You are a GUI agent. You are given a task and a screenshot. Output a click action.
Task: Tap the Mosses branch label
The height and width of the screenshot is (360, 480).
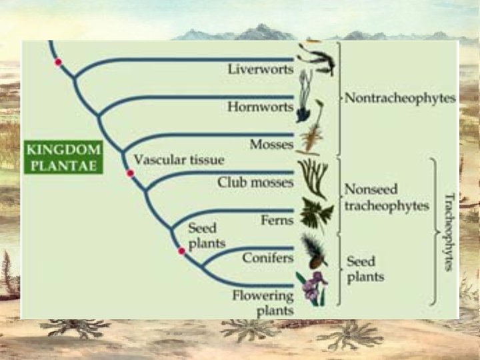[x=271, y=144]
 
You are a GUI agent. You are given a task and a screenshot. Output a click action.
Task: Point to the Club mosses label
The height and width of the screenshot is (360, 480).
[x=255, y=181]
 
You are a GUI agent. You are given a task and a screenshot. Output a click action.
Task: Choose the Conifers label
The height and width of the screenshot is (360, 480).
[x=268, y=257]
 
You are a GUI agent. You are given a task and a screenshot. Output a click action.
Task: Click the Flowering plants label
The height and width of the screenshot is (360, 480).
[x=263, y=302]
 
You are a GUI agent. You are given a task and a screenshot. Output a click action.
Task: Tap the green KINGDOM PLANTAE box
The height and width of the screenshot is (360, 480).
[x=63, y=157]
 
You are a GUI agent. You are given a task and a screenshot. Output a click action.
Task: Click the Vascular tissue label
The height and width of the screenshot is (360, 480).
[x=179, y=161]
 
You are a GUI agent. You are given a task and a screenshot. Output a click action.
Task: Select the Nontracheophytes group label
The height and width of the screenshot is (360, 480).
[x=400, y=99]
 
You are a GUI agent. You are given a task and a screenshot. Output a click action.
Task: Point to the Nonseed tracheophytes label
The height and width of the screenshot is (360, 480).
[x=386, y=197]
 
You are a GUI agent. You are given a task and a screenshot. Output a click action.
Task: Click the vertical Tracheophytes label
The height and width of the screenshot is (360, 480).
[x=448, y=231]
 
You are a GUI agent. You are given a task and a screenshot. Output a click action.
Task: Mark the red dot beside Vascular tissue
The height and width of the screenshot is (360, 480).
[x=131, y=173]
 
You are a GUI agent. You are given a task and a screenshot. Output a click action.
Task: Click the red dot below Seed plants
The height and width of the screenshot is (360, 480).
[x=181, y=251]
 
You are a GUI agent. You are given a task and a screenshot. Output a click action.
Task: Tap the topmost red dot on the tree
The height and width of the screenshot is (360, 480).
[x=59, y=62]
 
